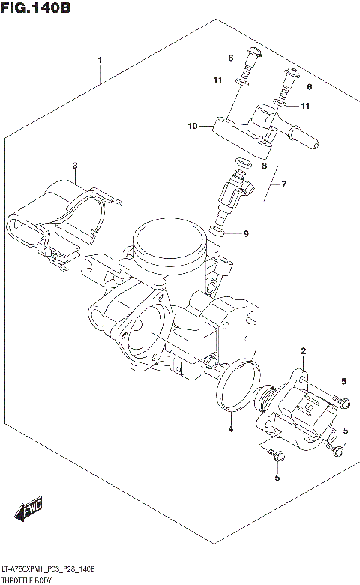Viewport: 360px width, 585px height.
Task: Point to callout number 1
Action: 100,59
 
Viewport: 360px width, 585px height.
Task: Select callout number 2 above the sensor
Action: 304,350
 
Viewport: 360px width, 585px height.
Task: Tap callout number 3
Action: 74,165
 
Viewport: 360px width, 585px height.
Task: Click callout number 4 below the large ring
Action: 231,429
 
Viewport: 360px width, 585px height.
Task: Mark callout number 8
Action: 263,165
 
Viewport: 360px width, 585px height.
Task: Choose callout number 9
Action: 245,233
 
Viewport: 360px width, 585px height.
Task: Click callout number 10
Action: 192,127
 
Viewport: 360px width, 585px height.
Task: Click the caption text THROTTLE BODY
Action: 27,580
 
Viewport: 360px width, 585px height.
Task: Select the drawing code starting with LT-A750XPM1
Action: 49,571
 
